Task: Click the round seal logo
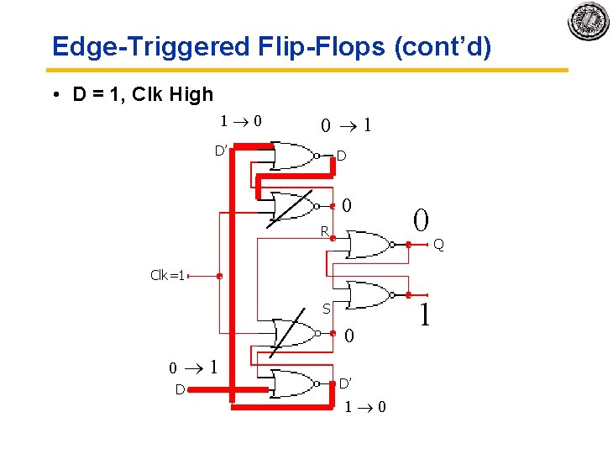(x=589, y=21)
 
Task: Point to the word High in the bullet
(x=191, y=94)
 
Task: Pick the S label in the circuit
(x=327, y=309)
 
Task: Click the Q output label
(x=439, y=245)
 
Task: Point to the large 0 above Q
(x=421, y=220)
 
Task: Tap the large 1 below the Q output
(x=426, y=316)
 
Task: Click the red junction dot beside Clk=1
(x=219, y=275)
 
